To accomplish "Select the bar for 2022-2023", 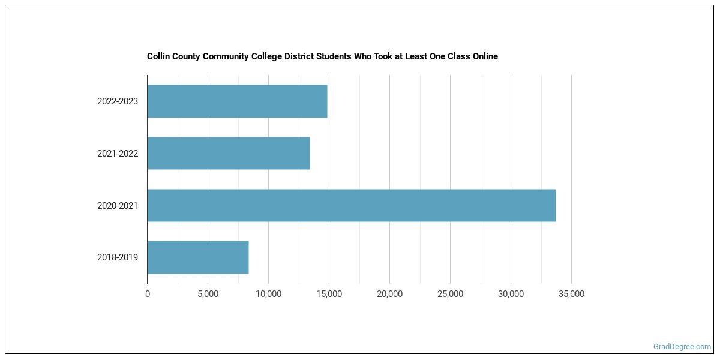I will pyautogui.click(x=237, y=101).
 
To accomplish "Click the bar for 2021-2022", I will pyautogui.click(x=229, y=153).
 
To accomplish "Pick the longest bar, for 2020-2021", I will pyautogui.click(x=351, y=205).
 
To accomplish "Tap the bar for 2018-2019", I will pyautogui.click(x=198, y=257).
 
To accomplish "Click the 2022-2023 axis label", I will pyautogui.click(x=118, y=101).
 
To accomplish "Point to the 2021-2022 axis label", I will pyautogui.click(x=118, y=154).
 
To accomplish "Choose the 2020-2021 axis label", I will pyautogui.click(x=118, y=206).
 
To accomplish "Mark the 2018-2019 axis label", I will pyautogui.click(x=118, y=257).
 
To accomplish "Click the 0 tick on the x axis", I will pyautogui.click(x=148, y=294).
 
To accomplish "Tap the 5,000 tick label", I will pyautogui.click(x=208, y=294).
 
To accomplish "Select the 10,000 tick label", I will pyautogui.click(x=268, y=294).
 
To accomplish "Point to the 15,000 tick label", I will pyautogui.click(x=329, y=294).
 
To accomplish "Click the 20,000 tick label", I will pyautogui.click(x=389, y=294).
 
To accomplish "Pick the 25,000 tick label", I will pyautogui.click(x=450, y=294).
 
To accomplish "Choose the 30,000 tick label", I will pyautogui.click(x=511, y=294).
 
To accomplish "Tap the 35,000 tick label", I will pyautogui.click(x=571, y=294).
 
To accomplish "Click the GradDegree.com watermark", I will pyautogui.click(x=682, y=347).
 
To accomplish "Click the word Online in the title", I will pyautogui.click(x=484, y=56).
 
